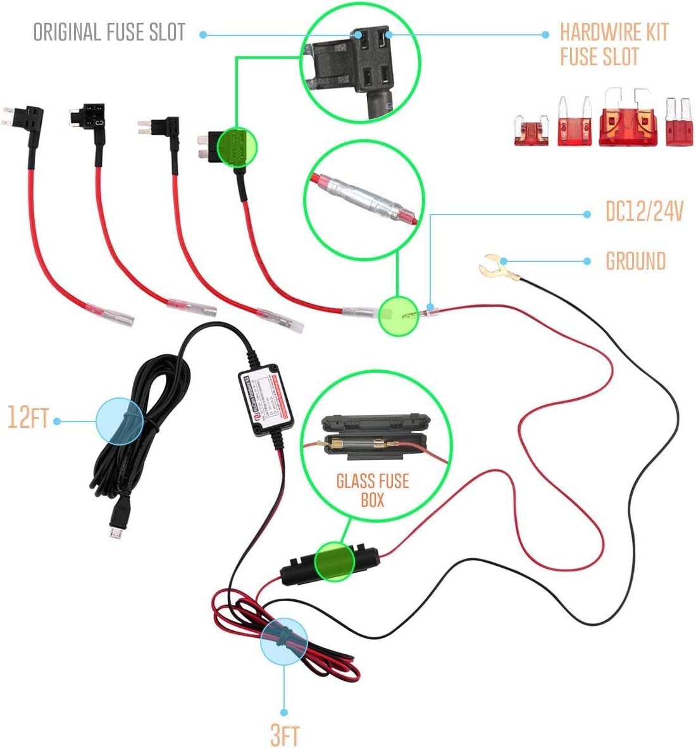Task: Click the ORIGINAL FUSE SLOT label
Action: [109, 32]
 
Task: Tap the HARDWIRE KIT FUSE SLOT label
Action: [614, 44]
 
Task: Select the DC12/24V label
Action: [644, 212]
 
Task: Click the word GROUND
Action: [635, 261]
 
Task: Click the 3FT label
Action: [284, 735]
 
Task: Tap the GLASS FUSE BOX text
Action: [372, 490]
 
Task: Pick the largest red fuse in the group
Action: [627, 120]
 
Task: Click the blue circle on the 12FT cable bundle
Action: [120, 420]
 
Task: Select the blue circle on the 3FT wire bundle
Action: [283, 641]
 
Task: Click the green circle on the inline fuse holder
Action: [334, 561]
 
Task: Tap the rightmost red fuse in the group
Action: [678, 123]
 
